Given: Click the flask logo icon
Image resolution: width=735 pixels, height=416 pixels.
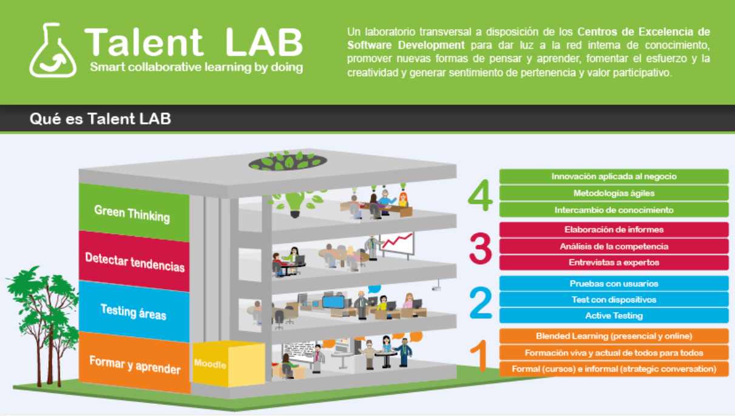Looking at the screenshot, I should [53, 50].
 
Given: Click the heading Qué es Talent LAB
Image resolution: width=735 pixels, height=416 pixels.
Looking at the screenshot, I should [100, 119].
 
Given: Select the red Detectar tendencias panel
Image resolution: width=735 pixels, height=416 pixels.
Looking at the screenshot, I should [134, 262].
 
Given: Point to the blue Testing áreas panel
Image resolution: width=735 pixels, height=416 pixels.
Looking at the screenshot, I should [134, 312].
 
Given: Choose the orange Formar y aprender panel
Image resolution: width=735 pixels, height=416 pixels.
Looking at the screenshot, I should [135, 364].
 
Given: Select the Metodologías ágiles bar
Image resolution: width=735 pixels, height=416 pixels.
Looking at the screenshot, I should [614, 193].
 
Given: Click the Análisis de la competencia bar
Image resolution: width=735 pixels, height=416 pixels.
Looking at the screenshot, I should [614, 247].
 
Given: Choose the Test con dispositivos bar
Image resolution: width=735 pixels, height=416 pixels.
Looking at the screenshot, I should [614, 299].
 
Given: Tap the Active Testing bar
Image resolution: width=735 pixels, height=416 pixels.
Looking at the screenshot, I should [614, 316].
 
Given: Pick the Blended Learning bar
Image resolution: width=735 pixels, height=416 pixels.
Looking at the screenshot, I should [614, 336].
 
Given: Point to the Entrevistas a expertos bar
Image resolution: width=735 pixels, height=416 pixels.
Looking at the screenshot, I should [614, 263].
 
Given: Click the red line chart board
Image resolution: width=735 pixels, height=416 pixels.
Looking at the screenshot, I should [397, 244].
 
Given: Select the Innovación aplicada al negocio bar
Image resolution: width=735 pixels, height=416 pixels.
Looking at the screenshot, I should [614, 177].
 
